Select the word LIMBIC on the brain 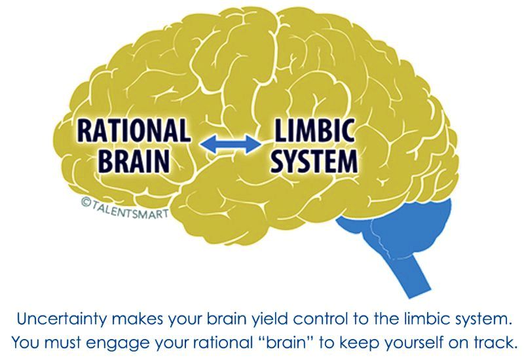point(314,130)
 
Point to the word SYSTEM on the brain point(314,161)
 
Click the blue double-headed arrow point(231,144)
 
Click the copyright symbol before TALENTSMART point(86,201)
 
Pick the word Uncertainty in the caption point(62,319)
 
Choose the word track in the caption point(495,342)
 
